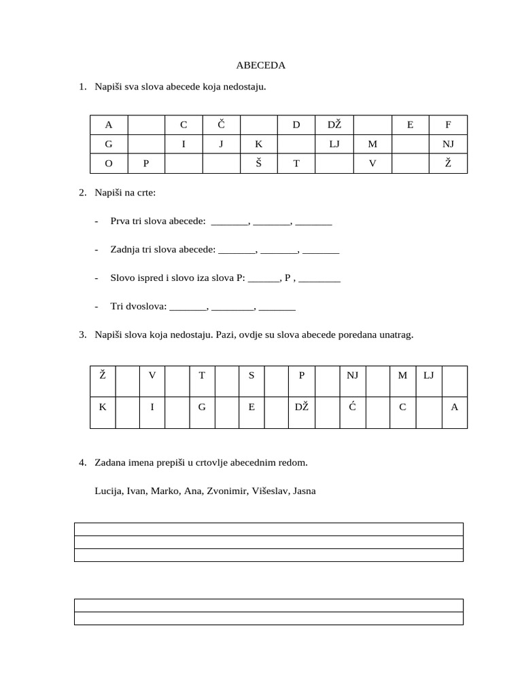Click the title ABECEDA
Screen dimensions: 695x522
pyautogui.click(x=260, y=66)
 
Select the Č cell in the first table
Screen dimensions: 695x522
pyautogui.click(x=221, y=125)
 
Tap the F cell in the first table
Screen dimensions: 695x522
pyautogui.click(x=448, y=125)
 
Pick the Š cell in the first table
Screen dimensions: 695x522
pyautogui.click(x=259, y=164)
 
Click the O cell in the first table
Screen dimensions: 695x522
pyautogui.click(x=108, y=164)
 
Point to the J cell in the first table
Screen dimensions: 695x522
pyautogui.click(x=221, y=144)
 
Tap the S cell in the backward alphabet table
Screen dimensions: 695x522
pyautogui.click(x=251, y=375)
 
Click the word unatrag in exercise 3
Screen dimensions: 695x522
pyautogui.click(x=396, y=335)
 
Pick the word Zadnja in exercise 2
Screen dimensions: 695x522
pyautogui.click(x=124, y=249)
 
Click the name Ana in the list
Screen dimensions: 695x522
pyautogui.click(x=192, y=491)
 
